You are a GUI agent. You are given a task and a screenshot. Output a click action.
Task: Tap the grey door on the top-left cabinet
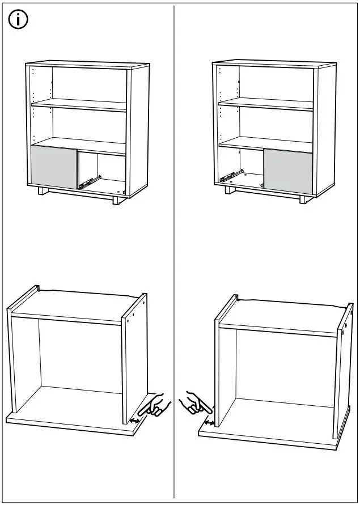pos(54,168)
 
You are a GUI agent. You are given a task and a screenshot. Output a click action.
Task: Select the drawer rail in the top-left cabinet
pos(89,181)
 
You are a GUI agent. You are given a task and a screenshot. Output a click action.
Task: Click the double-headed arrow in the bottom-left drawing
pos(135,421)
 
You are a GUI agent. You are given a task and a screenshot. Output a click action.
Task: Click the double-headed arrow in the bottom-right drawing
pos(209,422)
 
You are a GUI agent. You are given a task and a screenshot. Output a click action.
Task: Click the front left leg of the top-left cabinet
pos(43,192)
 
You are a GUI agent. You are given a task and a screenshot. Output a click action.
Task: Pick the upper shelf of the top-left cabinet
pos(79,105)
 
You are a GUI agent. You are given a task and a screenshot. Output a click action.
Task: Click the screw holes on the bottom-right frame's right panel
pos(346,322)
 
